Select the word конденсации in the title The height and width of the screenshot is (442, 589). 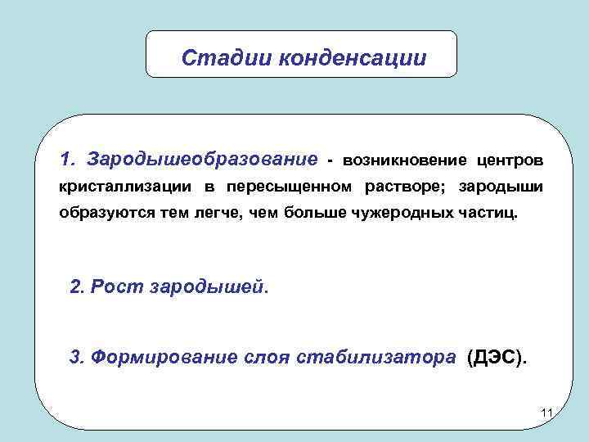coord(353,58)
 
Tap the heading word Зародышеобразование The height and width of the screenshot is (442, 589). coord(203,157)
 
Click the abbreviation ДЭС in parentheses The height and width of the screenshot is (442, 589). coord(497,357)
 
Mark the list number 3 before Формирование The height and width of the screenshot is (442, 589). coord(76,357)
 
